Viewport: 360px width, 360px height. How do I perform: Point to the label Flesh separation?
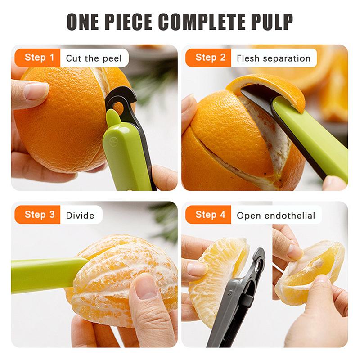[x=273, y=58]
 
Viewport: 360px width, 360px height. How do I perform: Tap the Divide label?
[x=80, y=215]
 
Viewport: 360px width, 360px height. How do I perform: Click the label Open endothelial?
[x=276, y=215]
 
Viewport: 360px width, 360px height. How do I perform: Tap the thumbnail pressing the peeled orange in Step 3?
[x=145, y=285]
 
